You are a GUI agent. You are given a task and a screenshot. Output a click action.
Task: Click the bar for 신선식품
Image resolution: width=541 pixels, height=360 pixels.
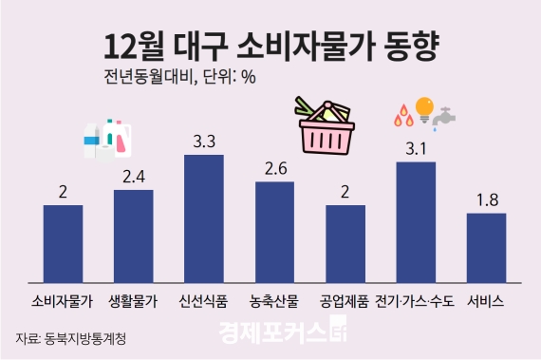[203, 218]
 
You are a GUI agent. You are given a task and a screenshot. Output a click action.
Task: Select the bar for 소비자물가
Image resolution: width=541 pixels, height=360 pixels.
[63, 243]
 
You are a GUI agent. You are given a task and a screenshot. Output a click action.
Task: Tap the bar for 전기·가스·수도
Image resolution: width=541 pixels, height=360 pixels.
[415, 222]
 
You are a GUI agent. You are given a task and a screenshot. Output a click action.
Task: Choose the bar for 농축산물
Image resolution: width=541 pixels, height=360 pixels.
[274, 232]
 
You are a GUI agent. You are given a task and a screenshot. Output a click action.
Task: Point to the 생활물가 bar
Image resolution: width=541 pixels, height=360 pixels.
[133, 236]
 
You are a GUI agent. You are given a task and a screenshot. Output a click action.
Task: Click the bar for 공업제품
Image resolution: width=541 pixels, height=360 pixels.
[345, 243]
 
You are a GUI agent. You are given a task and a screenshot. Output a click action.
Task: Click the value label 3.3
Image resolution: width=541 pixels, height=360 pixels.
[203, 142]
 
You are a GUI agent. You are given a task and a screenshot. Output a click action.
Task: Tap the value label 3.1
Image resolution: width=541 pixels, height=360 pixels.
[416, 148]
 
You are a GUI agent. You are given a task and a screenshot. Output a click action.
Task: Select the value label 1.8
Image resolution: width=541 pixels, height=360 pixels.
[486, 199]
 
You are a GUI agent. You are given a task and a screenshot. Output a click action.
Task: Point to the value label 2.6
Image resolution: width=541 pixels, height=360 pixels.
[274, 168]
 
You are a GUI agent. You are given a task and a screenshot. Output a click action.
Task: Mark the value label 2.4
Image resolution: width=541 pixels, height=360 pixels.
[133, 176]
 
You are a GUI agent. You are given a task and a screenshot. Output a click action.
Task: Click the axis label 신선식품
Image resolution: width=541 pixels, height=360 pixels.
[203, 303]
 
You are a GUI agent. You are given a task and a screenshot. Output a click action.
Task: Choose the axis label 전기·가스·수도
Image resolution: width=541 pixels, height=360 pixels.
[415, 303]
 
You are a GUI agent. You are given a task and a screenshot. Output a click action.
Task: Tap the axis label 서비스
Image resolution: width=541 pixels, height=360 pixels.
[486, 303]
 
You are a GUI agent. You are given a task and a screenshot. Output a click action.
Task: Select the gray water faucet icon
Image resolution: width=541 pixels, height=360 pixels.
[442, 119]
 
